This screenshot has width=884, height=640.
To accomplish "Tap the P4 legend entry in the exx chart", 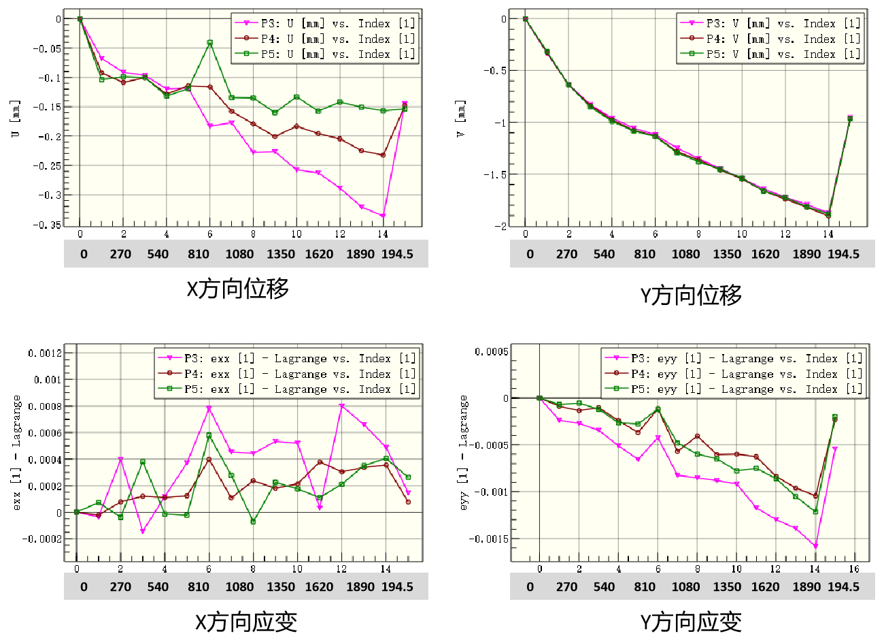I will (286, 374).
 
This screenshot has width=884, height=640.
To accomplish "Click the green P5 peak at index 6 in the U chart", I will (209, 43).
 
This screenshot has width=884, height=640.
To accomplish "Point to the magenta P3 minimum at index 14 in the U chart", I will (384, 216).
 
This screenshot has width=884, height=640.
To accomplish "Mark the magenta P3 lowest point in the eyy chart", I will (815, 546).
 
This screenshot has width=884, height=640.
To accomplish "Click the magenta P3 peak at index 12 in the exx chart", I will (341, 406).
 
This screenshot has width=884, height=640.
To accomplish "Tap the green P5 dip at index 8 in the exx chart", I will (253, 522).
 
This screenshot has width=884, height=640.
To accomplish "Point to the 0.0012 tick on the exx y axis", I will (45, 353).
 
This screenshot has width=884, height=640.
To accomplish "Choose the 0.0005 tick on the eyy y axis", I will (491, 351).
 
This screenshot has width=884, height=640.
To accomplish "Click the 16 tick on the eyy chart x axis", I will (854, 569).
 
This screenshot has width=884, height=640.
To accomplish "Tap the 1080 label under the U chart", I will (239, 254).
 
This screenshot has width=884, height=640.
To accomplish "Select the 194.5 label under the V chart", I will (843, 254).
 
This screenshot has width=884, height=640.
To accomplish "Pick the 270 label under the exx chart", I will (120, 587).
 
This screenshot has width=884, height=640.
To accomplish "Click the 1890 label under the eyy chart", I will (806, 587).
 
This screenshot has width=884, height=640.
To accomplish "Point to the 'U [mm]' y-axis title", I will (16, 119).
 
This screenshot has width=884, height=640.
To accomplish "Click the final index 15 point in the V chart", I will (849, 118).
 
